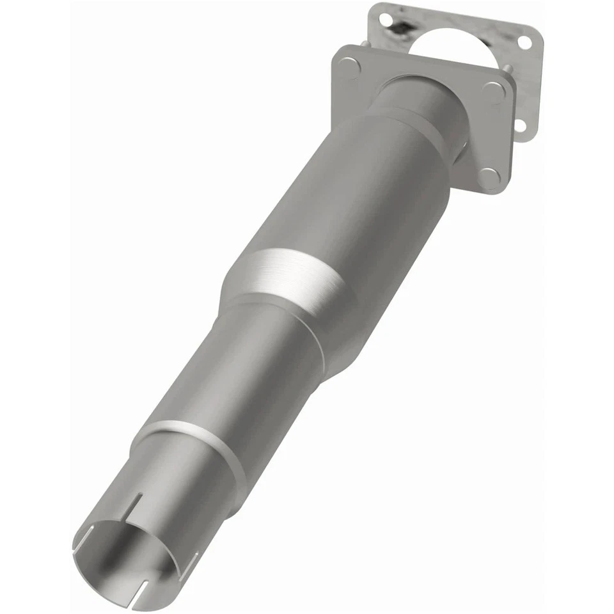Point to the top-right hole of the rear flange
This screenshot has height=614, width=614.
[524, 43]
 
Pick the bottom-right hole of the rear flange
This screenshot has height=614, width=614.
[519, 126]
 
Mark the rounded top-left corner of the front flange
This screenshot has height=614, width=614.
[337, 51]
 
